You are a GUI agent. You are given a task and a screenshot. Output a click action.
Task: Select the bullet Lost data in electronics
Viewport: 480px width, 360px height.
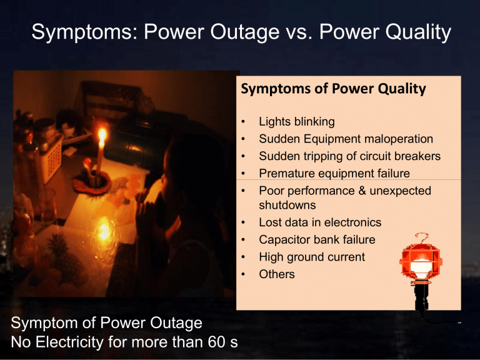point(320,222)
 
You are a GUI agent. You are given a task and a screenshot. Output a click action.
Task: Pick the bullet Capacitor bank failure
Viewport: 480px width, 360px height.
point(317,239)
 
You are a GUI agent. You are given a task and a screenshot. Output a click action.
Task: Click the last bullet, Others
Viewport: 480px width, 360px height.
point(277,274)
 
